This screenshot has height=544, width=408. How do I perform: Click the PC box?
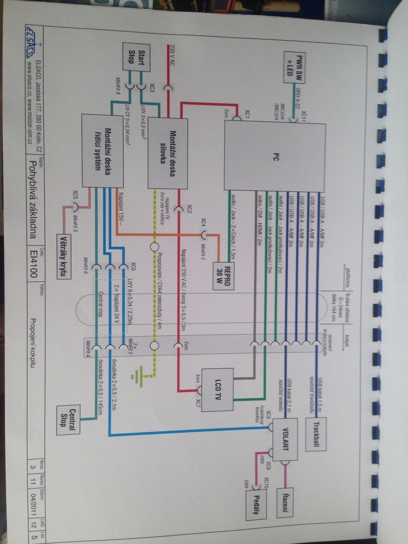275,156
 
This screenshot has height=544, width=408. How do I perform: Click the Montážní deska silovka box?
168,153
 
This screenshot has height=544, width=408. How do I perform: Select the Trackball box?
316,434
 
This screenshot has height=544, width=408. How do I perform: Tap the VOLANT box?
285,439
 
